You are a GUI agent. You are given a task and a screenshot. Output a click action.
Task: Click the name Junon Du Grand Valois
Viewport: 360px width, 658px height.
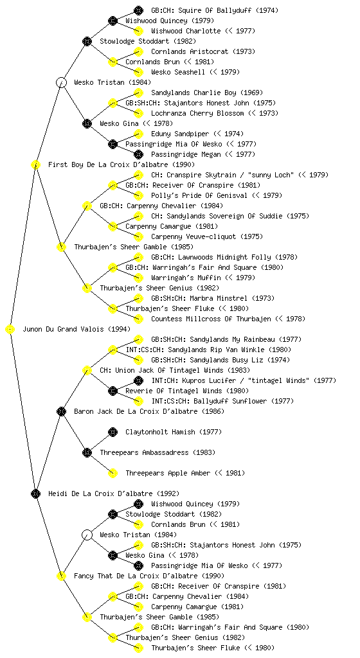pyautogui.click(x=63, y=329)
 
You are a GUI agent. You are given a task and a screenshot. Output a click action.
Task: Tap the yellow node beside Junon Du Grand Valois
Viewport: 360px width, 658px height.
pyautogui.click(x=10, y=329)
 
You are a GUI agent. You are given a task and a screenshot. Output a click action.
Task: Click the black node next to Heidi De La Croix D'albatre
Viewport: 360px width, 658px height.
pyautogui.click(x=35, y=493)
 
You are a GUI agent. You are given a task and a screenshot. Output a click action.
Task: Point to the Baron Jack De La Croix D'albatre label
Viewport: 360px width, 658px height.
pyautogui.click(x=136, y=411)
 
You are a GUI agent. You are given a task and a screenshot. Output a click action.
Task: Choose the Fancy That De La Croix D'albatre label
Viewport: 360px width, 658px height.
pyautogui.click(x=136, y=576)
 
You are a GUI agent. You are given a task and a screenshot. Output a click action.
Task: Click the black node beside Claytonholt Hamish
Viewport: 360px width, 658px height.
pyautogui.click(x=113, y=432)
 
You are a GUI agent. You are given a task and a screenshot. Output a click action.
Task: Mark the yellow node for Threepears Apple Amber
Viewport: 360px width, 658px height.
pyautogui.click(x=113, y=473)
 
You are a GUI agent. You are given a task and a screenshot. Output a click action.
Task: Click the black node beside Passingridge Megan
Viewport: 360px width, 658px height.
pyautogui.click(x=138, y=154)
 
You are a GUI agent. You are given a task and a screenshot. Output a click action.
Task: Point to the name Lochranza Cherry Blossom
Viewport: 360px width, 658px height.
pyautogui.click(x=197, y=113)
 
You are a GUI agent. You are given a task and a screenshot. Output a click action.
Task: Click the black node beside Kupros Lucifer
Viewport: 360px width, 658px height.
pyautogui.click(x=138, y=380)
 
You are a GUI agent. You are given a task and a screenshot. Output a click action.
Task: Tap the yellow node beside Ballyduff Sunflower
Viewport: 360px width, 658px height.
pyautogui.click(x=138, y=401)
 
